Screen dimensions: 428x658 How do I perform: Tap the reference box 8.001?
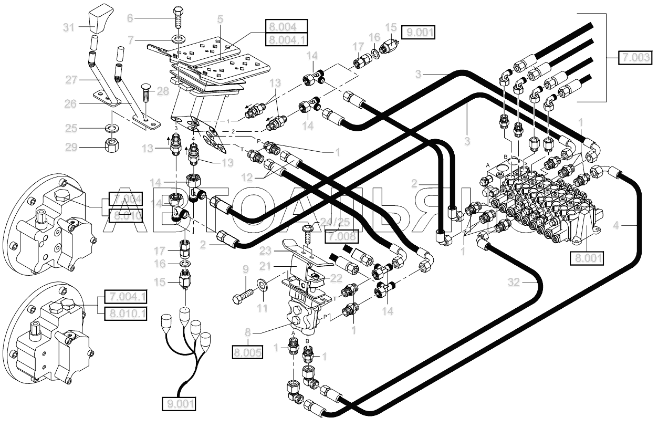pos(586,258)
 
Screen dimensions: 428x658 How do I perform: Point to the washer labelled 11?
pos(261,286)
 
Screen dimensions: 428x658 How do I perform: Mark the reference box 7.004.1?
pos(126,297)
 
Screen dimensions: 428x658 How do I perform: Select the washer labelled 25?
pos(112,128)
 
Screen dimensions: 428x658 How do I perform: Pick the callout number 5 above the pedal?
pos(220,19)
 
